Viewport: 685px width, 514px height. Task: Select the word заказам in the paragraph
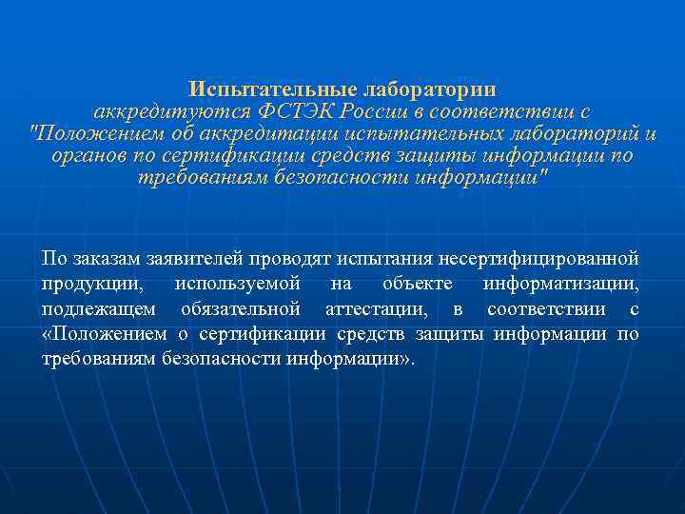(103, 259)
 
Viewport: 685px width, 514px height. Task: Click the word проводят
(288, 259)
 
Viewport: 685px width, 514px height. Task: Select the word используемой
(238, 285)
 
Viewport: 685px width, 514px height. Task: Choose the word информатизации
(560, 285)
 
